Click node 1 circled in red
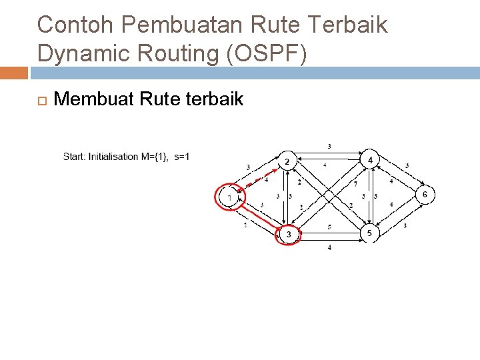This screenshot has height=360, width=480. [x=229, y=197]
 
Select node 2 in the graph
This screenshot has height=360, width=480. [x=287, y=162]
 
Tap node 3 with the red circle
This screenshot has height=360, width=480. [x=289, y=235]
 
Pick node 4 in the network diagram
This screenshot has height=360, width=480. [x=369, y=160]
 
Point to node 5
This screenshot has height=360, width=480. [x=369, y=233]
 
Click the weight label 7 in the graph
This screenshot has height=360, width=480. [x=355, y=183]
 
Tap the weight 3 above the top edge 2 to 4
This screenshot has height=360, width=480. [x=329, y=146]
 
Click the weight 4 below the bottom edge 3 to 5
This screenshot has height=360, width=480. [x=329, y=247]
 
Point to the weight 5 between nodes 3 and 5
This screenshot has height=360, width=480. [x=329, y=227]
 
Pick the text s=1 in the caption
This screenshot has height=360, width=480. [x=182, y=157]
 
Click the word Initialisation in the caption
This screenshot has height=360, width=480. [x=113, y=157]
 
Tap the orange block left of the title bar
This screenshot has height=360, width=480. [x=13, y=73]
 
